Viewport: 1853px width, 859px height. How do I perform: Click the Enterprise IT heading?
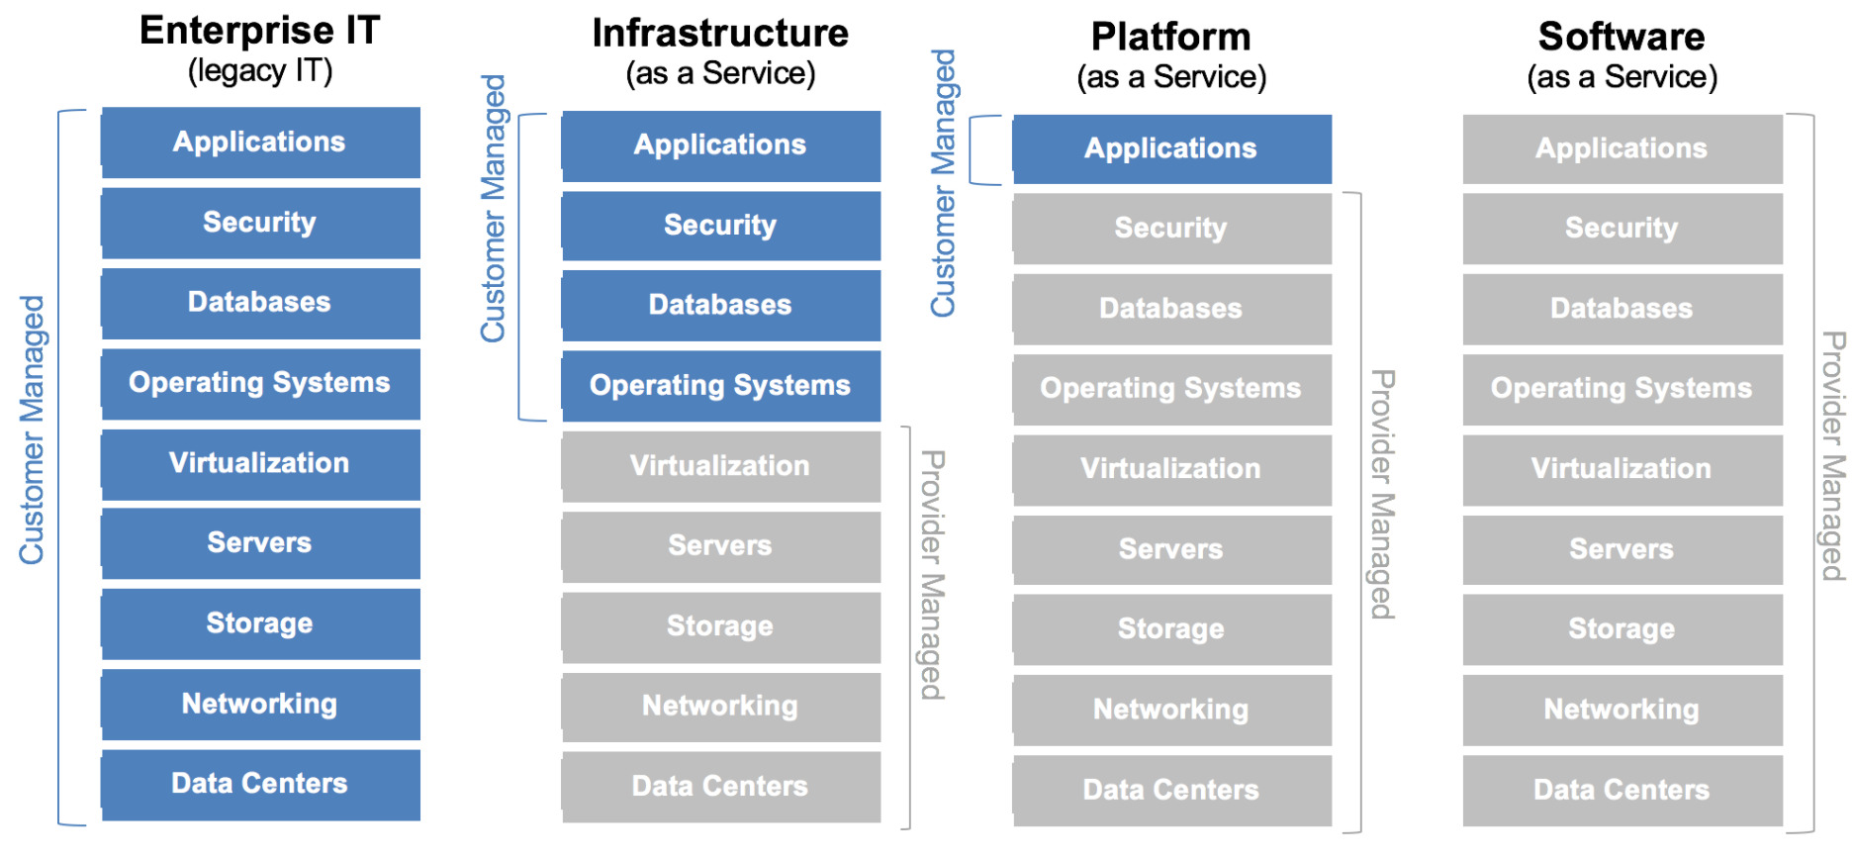click(259, 31)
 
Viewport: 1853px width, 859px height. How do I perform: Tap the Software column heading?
click(1621, 37)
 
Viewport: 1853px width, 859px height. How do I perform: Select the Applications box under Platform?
click(1171, 148)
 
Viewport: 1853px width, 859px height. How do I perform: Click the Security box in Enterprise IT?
click(260, 223)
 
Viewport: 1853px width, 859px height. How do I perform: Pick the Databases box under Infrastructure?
click(720, 305)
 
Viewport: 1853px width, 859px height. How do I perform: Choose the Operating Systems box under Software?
click(1621, 389)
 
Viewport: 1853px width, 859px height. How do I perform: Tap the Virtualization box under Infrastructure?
click(720, 466)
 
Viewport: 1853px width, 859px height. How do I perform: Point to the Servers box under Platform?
click(1171, 549)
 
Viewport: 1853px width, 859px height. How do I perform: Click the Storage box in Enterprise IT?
click(260, 623)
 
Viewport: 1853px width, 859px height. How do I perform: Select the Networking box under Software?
click(1621, 710)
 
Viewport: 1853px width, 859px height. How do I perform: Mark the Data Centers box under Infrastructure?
click(720, 787)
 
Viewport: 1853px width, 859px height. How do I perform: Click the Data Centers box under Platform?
click(1171, 790)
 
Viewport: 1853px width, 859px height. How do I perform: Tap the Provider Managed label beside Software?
click(1833, 455)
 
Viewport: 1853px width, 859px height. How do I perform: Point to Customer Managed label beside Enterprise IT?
click(32, 430)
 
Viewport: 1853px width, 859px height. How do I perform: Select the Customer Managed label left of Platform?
click(944, 183)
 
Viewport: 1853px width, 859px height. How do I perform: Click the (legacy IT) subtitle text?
click(260, 71)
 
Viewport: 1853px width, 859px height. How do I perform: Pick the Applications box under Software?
click(1621, 148)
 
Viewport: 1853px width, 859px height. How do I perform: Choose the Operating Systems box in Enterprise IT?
click(260, 383)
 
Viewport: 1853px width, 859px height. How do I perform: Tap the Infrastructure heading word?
click(720, 34)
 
